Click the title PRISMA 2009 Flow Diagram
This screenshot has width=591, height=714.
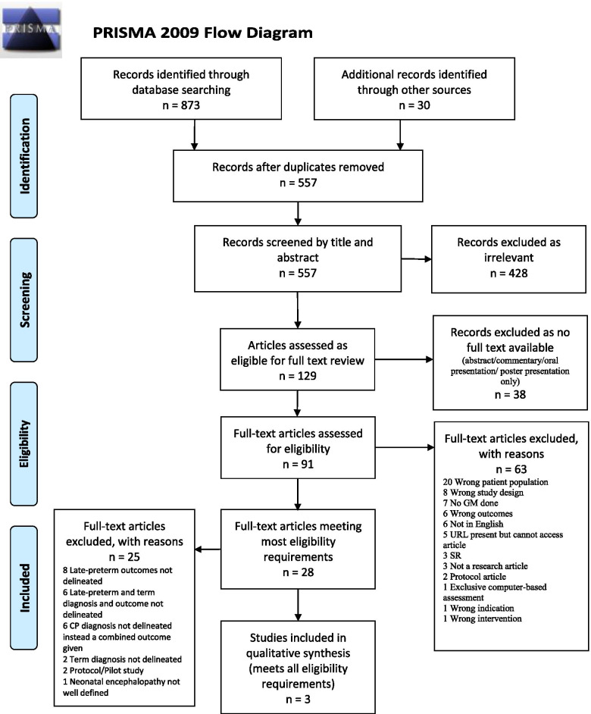pos(202,33)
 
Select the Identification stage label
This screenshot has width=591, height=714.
pos(24,155)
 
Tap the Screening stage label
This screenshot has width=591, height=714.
pos(24,299)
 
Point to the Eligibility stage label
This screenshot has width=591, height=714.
pos(24,443)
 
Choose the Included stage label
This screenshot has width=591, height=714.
pos(24,587)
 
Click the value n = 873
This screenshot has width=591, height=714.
pos(181,105)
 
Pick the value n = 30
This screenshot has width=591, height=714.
pos(414,105)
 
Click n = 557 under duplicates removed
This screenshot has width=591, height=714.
pos(299,183)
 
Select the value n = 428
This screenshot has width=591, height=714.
pos(508,273)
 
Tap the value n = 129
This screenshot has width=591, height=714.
pos(298,376)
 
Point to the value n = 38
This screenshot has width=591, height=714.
pos(510,394)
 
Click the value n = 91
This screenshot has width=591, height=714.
pos(299,465)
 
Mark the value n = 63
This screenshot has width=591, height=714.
pos(511,469)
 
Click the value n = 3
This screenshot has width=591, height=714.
pos(299,700)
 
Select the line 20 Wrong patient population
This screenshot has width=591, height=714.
pos(496,482)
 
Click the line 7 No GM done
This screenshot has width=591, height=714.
pos(471,503)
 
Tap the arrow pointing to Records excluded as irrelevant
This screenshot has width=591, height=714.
pos(416,258)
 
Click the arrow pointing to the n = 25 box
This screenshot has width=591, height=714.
pos(208,550)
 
